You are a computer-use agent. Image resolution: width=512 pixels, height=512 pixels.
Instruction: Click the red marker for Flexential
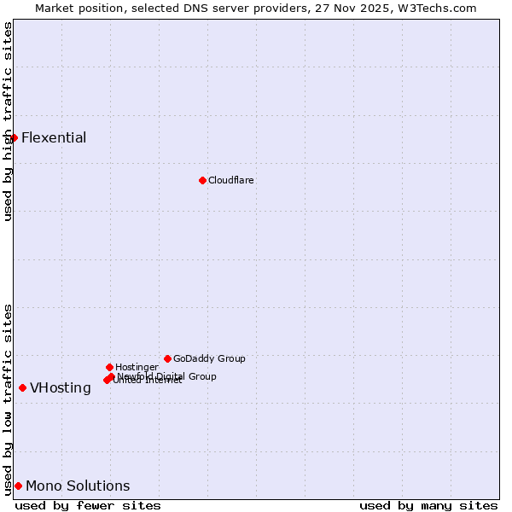pos(14,137)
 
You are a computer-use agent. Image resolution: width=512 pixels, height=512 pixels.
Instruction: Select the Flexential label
pos(54,137)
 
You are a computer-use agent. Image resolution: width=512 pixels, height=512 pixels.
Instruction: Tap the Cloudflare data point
pos(202,180)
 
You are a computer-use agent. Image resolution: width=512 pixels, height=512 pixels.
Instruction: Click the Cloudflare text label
pos(230,180)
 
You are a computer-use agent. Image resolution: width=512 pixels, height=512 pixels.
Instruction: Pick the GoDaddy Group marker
pos(167,358)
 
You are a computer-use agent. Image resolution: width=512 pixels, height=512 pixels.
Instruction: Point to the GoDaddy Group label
pos(209,358)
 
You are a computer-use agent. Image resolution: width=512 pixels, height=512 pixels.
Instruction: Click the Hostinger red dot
pos(109,367)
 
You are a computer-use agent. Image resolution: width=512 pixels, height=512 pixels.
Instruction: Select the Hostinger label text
pos(137,367)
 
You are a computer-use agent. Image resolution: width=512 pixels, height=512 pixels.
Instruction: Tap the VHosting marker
pos(22,387)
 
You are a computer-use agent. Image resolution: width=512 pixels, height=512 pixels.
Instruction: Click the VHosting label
pos(61,387)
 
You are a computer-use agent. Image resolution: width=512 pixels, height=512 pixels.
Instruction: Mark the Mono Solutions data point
pos(18,486)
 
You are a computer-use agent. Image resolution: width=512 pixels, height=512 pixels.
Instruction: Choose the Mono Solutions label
pos(78,486)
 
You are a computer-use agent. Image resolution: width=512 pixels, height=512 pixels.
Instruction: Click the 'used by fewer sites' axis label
pos(88,505)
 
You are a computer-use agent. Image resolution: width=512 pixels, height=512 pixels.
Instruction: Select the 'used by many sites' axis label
pos(428,505)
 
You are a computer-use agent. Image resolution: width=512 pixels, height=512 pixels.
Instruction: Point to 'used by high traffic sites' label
pos(8,120)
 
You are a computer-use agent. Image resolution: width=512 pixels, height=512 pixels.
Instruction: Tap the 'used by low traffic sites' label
pos(8,399)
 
